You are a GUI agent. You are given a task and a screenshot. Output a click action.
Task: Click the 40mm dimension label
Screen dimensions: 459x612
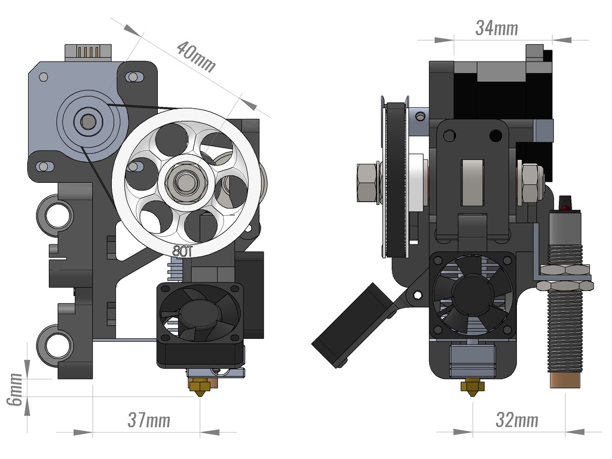[196, 57]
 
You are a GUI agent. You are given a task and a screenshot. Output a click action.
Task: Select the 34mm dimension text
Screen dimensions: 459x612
[496, 27]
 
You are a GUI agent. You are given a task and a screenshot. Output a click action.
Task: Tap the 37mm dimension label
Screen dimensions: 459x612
[149, 420]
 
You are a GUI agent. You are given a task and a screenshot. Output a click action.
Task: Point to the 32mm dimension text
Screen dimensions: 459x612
[516, 420]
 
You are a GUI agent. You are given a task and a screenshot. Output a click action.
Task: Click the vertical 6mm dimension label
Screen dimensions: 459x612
[14, 388]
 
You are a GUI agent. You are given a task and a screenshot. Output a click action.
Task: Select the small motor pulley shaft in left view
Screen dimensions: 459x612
[88, 122]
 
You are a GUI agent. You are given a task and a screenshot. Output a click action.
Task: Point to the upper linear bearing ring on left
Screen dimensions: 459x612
[57, 215]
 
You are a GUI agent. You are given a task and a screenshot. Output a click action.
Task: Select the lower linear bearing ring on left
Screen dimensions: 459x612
[57, 345]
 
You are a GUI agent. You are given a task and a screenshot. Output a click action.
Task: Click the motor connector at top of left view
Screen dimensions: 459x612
[88, 52]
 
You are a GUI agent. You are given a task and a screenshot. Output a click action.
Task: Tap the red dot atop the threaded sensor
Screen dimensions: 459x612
[565, 207]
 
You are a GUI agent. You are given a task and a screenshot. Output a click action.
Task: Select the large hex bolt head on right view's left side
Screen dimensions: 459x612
[367, 182]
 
